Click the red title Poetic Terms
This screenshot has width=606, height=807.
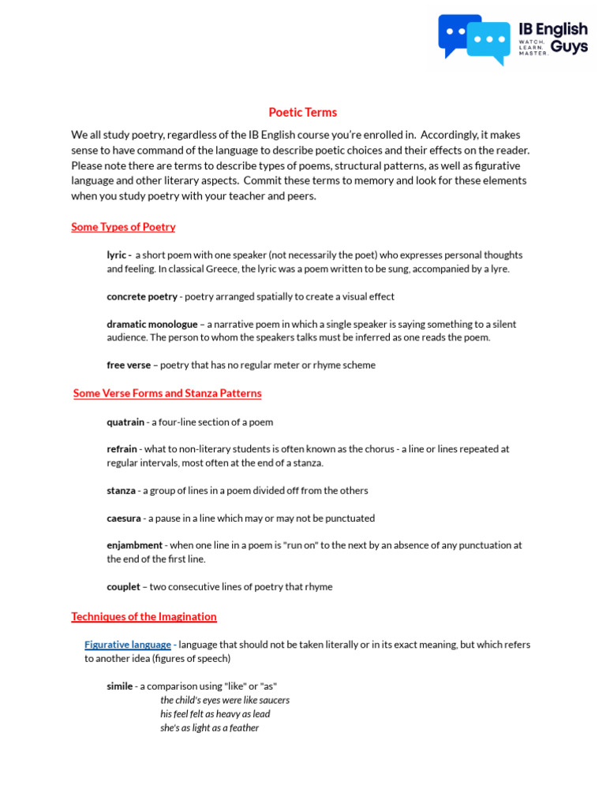(x=302, y=113)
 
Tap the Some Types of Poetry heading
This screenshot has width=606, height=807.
(x=123, y=227)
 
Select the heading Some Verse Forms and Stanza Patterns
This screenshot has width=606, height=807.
(x=167, y=393)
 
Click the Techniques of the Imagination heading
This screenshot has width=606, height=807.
(x=144, y=616)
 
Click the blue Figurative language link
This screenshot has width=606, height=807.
(x=128, y=645)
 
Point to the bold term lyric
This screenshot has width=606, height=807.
(x=118, y=255)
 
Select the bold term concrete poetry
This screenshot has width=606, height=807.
(x=142, y=297)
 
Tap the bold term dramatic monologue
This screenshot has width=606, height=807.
(x=152, y=324)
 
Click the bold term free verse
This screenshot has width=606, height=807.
(x=129, y=366)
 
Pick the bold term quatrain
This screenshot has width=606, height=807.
(x=125, y=422)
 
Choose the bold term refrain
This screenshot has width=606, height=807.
(x=122, y=449)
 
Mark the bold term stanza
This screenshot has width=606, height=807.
(x=121, y=491)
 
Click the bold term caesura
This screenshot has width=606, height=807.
(x=124, y=519)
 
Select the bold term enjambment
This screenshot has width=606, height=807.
(x=134, y=545)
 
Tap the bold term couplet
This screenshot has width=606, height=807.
(x=123, y=587)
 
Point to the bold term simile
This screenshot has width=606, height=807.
(x=120, y=686)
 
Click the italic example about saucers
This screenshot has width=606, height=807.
(x=225, y=700)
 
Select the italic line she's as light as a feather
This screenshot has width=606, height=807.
(x=209, y=728)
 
